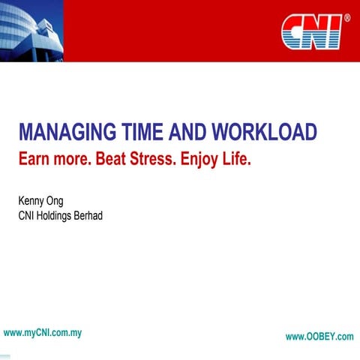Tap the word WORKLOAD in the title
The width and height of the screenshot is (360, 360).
point(264,133)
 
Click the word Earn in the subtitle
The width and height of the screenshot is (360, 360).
point(36,159)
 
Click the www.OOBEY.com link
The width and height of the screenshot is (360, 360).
point(319,337)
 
